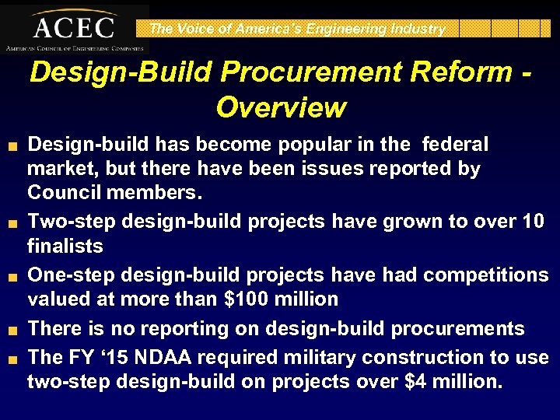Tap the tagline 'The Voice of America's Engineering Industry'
297,29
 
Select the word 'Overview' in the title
281,107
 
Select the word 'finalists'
65,246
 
